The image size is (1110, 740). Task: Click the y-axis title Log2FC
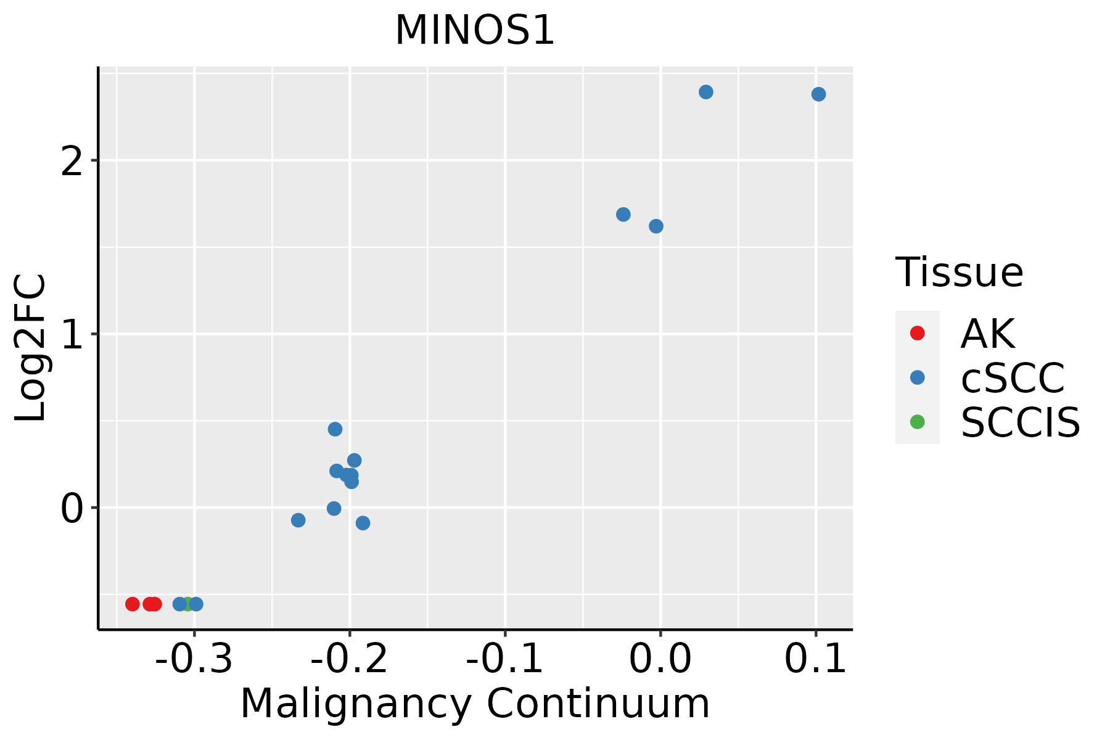point(31,348)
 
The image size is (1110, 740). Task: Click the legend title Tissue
point(959,273)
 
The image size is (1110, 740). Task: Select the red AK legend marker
point(917,333)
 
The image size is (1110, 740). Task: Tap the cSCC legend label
point(1013,378)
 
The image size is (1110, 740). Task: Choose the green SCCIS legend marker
point(917,422)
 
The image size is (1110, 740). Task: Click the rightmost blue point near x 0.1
point(818,94)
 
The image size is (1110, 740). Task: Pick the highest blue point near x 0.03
point(706,92)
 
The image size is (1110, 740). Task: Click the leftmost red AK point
point(132,604)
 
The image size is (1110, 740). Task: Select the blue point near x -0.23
point(298,520)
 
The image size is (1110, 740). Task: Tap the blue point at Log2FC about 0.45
point(335,429)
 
